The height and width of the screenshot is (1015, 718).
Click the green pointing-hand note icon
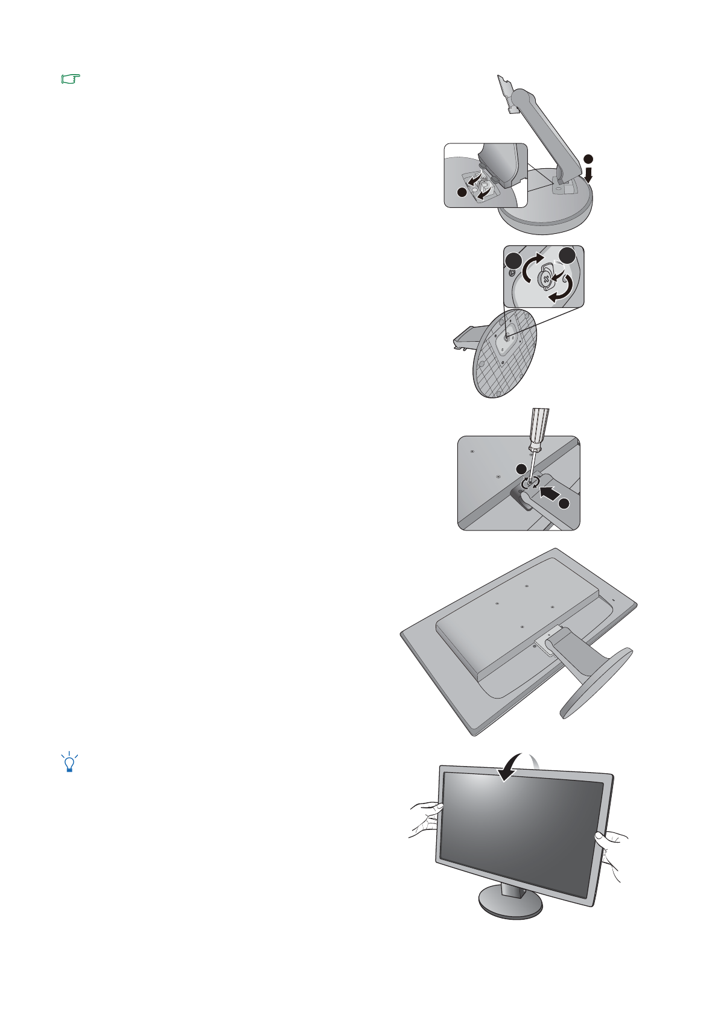point(71,79)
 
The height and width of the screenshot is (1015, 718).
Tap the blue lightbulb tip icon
point(69,762)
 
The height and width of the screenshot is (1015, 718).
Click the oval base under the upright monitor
point(510,904)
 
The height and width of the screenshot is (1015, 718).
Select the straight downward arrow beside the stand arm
point(588,175)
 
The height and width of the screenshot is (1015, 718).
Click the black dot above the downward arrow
point(589,159)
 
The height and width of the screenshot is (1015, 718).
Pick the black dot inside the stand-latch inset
point(462,192)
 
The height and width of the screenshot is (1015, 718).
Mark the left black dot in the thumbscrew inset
point(512,262)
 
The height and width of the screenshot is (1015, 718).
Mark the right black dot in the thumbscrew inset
point(567,256)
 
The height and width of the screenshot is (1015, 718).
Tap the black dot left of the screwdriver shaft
point(519,469)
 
